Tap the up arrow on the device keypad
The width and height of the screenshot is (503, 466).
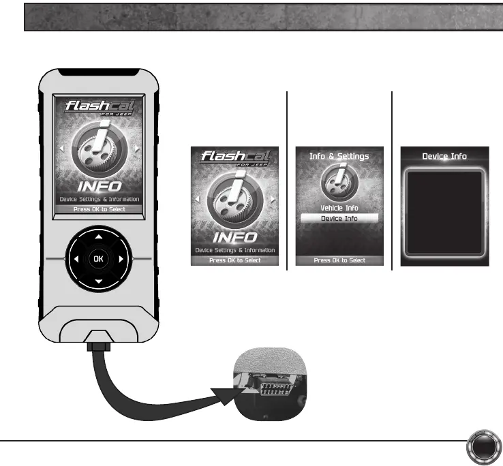(x=99, y=237)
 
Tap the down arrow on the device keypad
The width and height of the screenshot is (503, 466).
(x=99, y=281)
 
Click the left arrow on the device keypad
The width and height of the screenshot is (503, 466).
(x=76, y=260)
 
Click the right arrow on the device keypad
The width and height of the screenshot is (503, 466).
(x=121, y=260)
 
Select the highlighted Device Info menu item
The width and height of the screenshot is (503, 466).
(x=339, y=219)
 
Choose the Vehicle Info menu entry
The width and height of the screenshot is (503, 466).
(x=339, y=208)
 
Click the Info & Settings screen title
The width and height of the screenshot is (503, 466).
(x=339, y=156)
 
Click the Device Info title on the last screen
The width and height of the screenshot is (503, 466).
(x=444, y=156)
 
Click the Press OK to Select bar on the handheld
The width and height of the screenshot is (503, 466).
(x=99, y=209)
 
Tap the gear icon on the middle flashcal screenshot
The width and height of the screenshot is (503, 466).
(x=234, y=204)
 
